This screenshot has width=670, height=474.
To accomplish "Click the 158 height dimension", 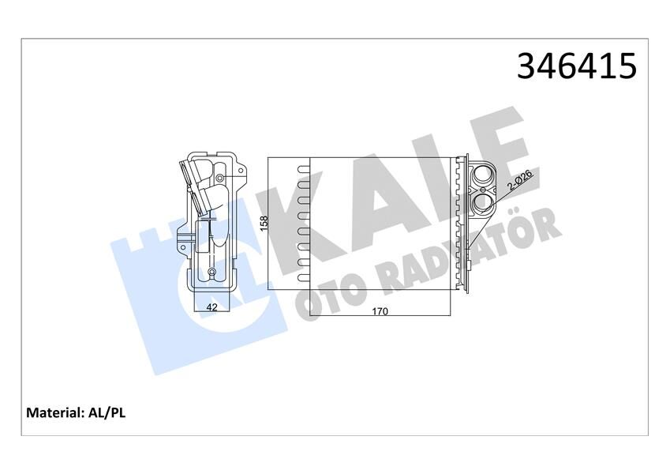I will click(264, 224).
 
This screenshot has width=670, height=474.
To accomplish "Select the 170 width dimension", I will click(380, 310).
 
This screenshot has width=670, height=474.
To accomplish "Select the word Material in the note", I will click(54, 412).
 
